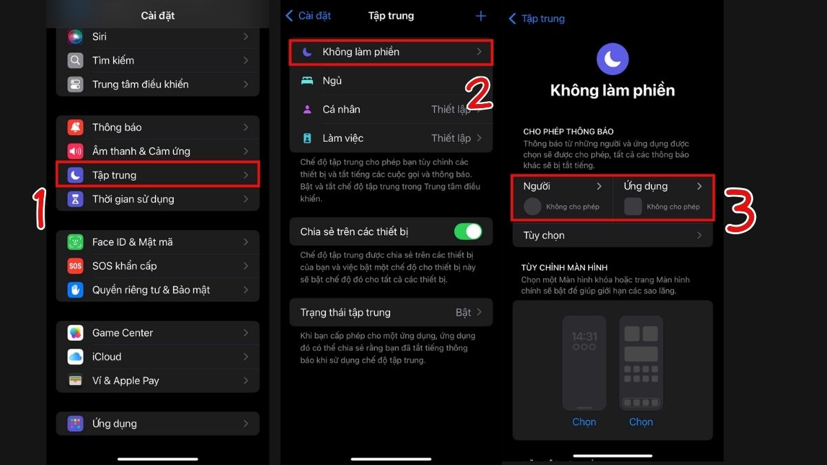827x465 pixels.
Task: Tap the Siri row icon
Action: [x=75, y=37]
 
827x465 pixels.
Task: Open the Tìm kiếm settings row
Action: [x=158, y=61]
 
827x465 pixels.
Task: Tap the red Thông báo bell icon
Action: [x=75, y=127]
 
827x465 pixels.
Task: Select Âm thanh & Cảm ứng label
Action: [x=141, y=151]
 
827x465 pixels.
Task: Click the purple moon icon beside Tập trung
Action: [x=75, y=175]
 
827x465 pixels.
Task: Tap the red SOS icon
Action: [x=75, y=266]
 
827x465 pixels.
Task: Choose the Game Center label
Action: [x=123, y=333]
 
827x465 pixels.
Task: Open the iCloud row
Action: [x=158, y=357]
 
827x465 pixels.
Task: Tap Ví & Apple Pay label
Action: [x=125, y=380]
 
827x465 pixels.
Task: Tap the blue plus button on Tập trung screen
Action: [x=481, y=16]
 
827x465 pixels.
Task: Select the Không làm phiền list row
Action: [x=391, y=52]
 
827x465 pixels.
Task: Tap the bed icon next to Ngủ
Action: [x=307, y=81]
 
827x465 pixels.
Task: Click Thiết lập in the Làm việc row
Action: [x=451, y=138]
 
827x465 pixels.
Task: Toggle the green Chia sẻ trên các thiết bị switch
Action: [x=468, y=231]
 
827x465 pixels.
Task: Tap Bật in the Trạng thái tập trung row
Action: [x=463, y=312]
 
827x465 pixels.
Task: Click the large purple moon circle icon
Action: [x=613, y=59]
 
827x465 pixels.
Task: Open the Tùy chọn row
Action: [x=613, y=236]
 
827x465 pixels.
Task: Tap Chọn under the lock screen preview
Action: [x=584, y=422]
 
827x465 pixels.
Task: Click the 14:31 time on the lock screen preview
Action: [x=584, y=337]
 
